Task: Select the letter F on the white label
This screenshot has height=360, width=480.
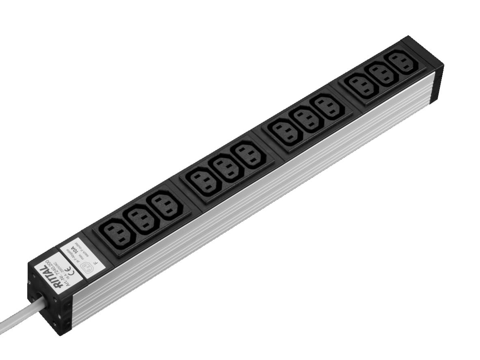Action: click(95, 262)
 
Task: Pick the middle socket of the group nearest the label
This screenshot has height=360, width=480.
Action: click(140, 219)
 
